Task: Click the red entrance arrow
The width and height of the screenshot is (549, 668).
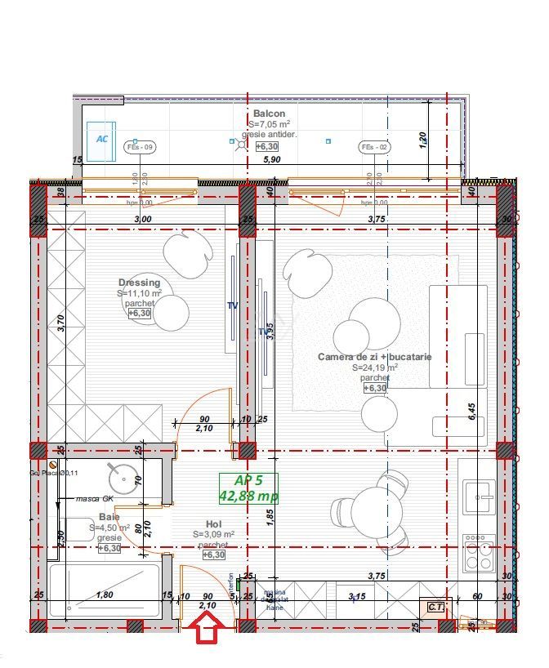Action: click(208, 630)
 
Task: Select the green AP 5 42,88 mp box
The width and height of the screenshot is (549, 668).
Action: click(248, 488)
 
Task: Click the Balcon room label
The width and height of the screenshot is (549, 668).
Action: click(269, 114)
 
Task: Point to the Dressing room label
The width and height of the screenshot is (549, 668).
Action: click(139, 283)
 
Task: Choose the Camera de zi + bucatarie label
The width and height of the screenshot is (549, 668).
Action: click(374, 357)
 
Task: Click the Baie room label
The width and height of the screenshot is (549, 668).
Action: click(109, 517)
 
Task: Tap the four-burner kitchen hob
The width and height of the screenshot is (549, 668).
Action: click(479, 553)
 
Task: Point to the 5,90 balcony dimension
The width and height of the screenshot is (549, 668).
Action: click(270, 160)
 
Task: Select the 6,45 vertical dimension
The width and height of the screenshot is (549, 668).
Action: click(471, 411)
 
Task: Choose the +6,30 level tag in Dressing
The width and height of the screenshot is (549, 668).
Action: click(140, 313)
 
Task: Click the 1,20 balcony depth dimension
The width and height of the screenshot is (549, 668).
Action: click(422, 141)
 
